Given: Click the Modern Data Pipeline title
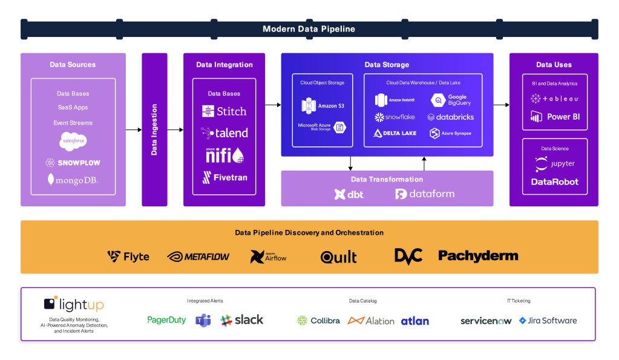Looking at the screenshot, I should pos(309,29).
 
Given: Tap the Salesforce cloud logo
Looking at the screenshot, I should pos(73,142).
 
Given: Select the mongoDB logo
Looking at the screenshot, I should pos(73,180).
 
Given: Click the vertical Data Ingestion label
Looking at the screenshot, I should pos(154,129).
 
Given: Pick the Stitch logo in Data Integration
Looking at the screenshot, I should pos(224,111).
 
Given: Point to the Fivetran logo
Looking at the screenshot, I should pos(224,177).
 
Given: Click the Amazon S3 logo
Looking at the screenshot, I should pos(322,106).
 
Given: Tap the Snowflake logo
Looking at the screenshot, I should pos(395,117).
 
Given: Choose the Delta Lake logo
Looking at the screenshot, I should pos(395,133).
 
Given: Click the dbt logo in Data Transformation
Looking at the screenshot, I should pos(349,194).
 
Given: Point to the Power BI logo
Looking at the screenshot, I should pos(555,116).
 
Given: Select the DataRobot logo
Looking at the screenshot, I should pos(554,182).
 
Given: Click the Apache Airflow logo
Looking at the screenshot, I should pos(268,257).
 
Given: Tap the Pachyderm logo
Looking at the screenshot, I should pos(478,256).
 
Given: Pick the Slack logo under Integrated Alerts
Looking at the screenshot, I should pos(242,320).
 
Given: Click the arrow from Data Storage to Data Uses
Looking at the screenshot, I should pos(501,105).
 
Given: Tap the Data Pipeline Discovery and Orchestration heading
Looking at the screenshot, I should pos(309,232).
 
